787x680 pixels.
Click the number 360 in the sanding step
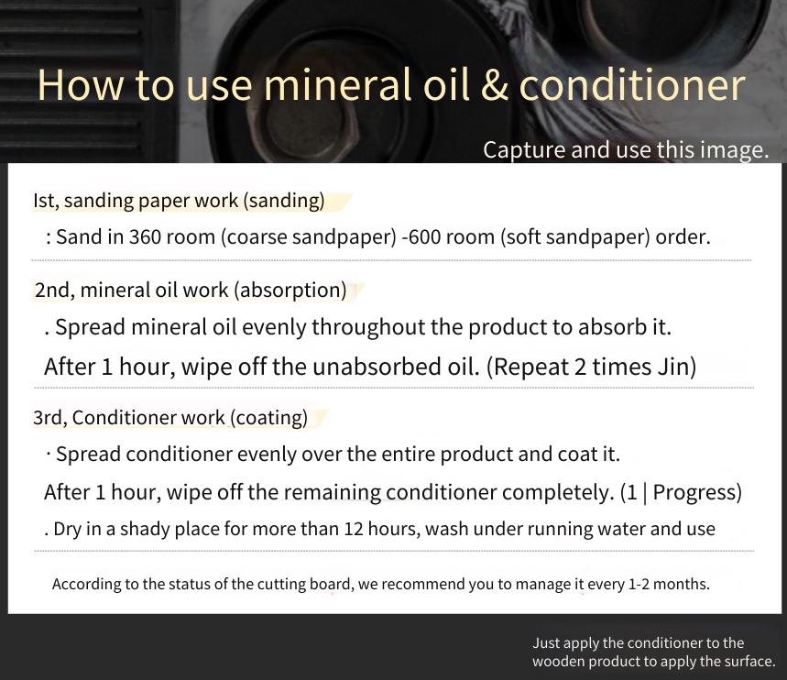tap(145, 236)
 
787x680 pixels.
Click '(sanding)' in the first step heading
tap(284, 201)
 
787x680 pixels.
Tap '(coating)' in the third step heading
tap(269, 418)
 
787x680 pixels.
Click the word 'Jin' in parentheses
tap(676, 367)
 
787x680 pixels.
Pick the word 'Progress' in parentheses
tap(697, 492)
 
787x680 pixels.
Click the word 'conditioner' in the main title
tap(632, 84)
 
